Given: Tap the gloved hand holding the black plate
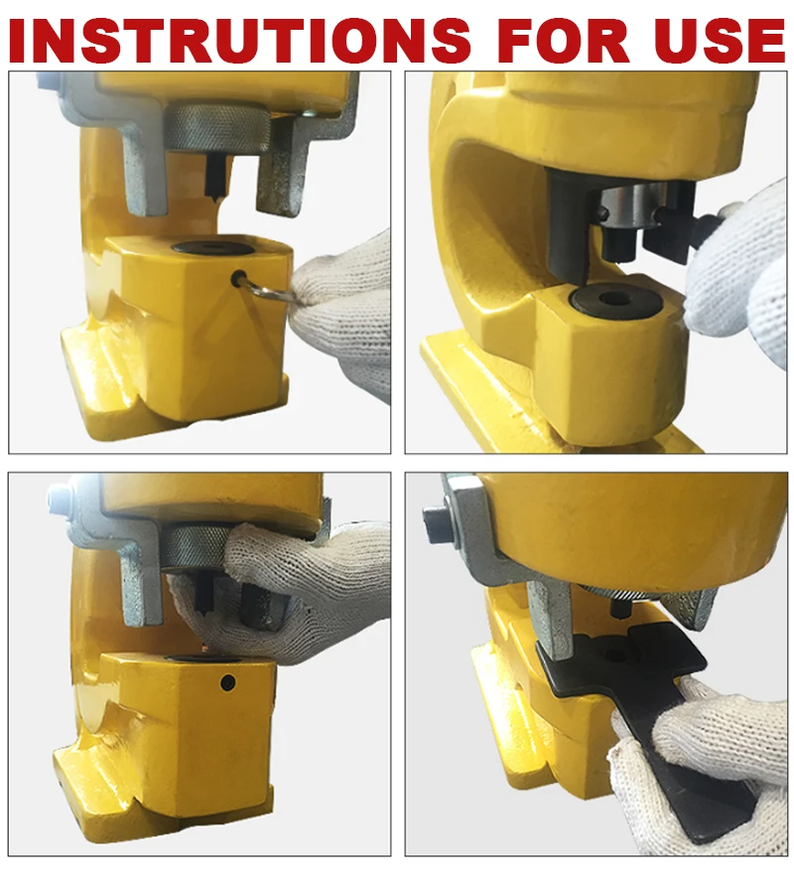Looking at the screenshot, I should point(695,735).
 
